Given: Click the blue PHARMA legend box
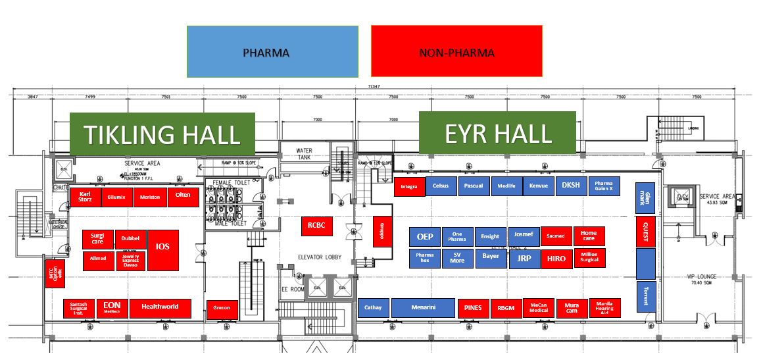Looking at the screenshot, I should pyautogui.click(x=272, y=51).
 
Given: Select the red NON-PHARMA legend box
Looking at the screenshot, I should pyautogui.click(x=456, y=51).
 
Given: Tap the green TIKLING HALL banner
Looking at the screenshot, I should pyautogui.click(x=162, y=135).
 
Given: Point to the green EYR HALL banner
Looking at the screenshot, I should pyautogui.click(x=497, y=134).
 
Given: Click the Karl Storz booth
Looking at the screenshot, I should pyautogui.click(x=85, y=197).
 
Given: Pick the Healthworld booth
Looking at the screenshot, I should pyautogui.click(x=160, y=307).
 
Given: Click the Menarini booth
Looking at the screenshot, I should pyautogui.click(x=423, y=307).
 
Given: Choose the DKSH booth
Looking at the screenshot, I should pyautogui.click(x=571, y=186).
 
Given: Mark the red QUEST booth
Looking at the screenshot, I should pyautogui.click(x=645, y=231).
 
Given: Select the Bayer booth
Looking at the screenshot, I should pyautogui.click(x=491, y=257).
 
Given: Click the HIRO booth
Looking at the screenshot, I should pyautogui.click(x=556, y=259).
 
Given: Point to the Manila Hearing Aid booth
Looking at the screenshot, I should pyautogui.click(x=604, y=308).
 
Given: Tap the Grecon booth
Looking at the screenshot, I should pyautogui.click(x=221, y=309).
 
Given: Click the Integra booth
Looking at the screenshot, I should pyautogui.click(x=409, y=186).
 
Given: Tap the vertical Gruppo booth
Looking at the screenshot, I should pyautogui.click(x=382, y=231).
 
